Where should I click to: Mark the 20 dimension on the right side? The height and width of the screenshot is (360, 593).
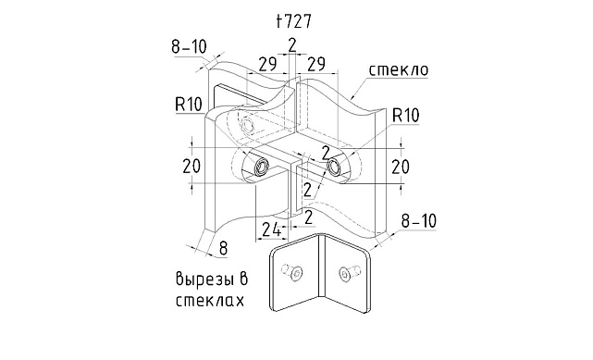pyautogui.click(x=401, y=166)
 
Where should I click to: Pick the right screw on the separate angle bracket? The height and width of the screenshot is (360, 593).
pyautogui.click(x=349, y=273)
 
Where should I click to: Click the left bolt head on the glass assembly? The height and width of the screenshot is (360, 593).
pyautogui.click(x=262, y=167)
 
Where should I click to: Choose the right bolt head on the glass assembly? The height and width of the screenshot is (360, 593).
pyautogui.click(x=334, y=167)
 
